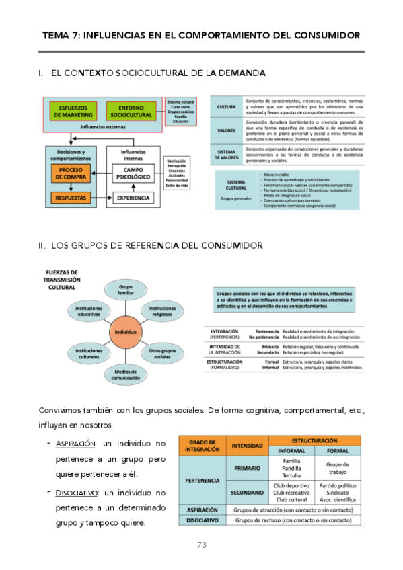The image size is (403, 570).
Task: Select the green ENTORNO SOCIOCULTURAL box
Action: click(x=131, y=111)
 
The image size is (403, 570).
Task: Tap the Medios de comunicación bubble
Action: click(x=126, y=374)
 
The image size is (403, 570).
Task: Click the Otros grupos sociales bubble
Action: click(x=162, y=353)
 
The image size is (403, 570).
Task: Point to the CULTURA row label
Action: click(x=226, y=107)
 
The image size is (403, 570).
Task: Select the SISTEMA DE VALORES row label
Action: click(x=226, y=154)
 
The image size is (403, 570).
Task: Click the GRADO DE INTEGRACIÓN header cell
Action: click(x=201, y=445)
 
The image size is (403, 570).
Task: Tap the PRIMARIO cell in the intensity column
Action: click(x=248, y=468)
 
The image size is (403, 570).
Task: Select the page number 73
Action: click(x=201, y=545)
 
